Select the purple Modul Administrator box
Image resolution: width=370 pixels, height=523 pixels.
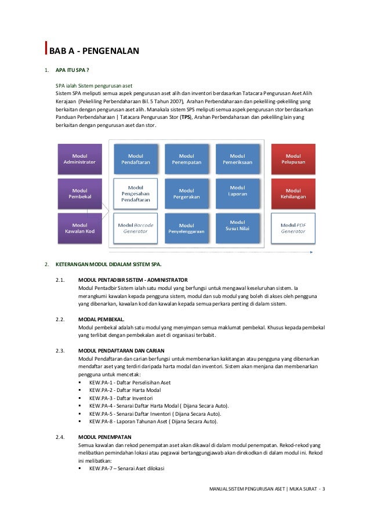[x=79, y=159]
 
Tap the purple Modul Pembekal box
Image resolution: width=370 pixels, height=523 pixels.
[x=79, y=194]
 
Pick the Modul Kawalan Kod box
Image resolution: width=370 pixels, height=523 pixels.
[x=79, y=228]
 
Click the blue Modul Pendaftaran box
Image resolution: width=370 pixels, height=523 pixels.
[x=136, y=159]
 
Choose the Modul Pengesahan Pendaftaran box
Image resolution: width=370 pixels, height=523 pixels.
[x=136, y=194]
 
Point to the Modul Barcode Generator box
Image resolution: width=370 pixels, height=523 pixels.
[x=136, y=228]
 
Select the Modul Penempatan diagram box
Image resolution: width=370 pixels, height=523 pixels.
[x=187, y=159]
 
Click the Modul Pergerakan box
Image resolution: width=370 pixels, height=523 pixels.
[x=187, y=194]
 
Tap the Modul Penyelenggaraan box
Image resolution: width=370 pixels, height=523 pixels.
[x=187, y=228]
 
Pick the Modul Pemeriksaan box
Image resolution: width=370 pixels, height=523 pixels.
[x=237, y=159]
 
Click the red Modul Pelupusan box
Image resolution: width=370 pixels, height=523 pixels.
[x=293, y=159]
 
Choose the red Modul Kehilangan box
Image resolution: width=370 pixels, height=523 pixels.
[x=293, y=194]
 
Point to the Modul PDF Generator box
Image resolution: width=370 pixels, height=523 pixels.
[x=293, y=228]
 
